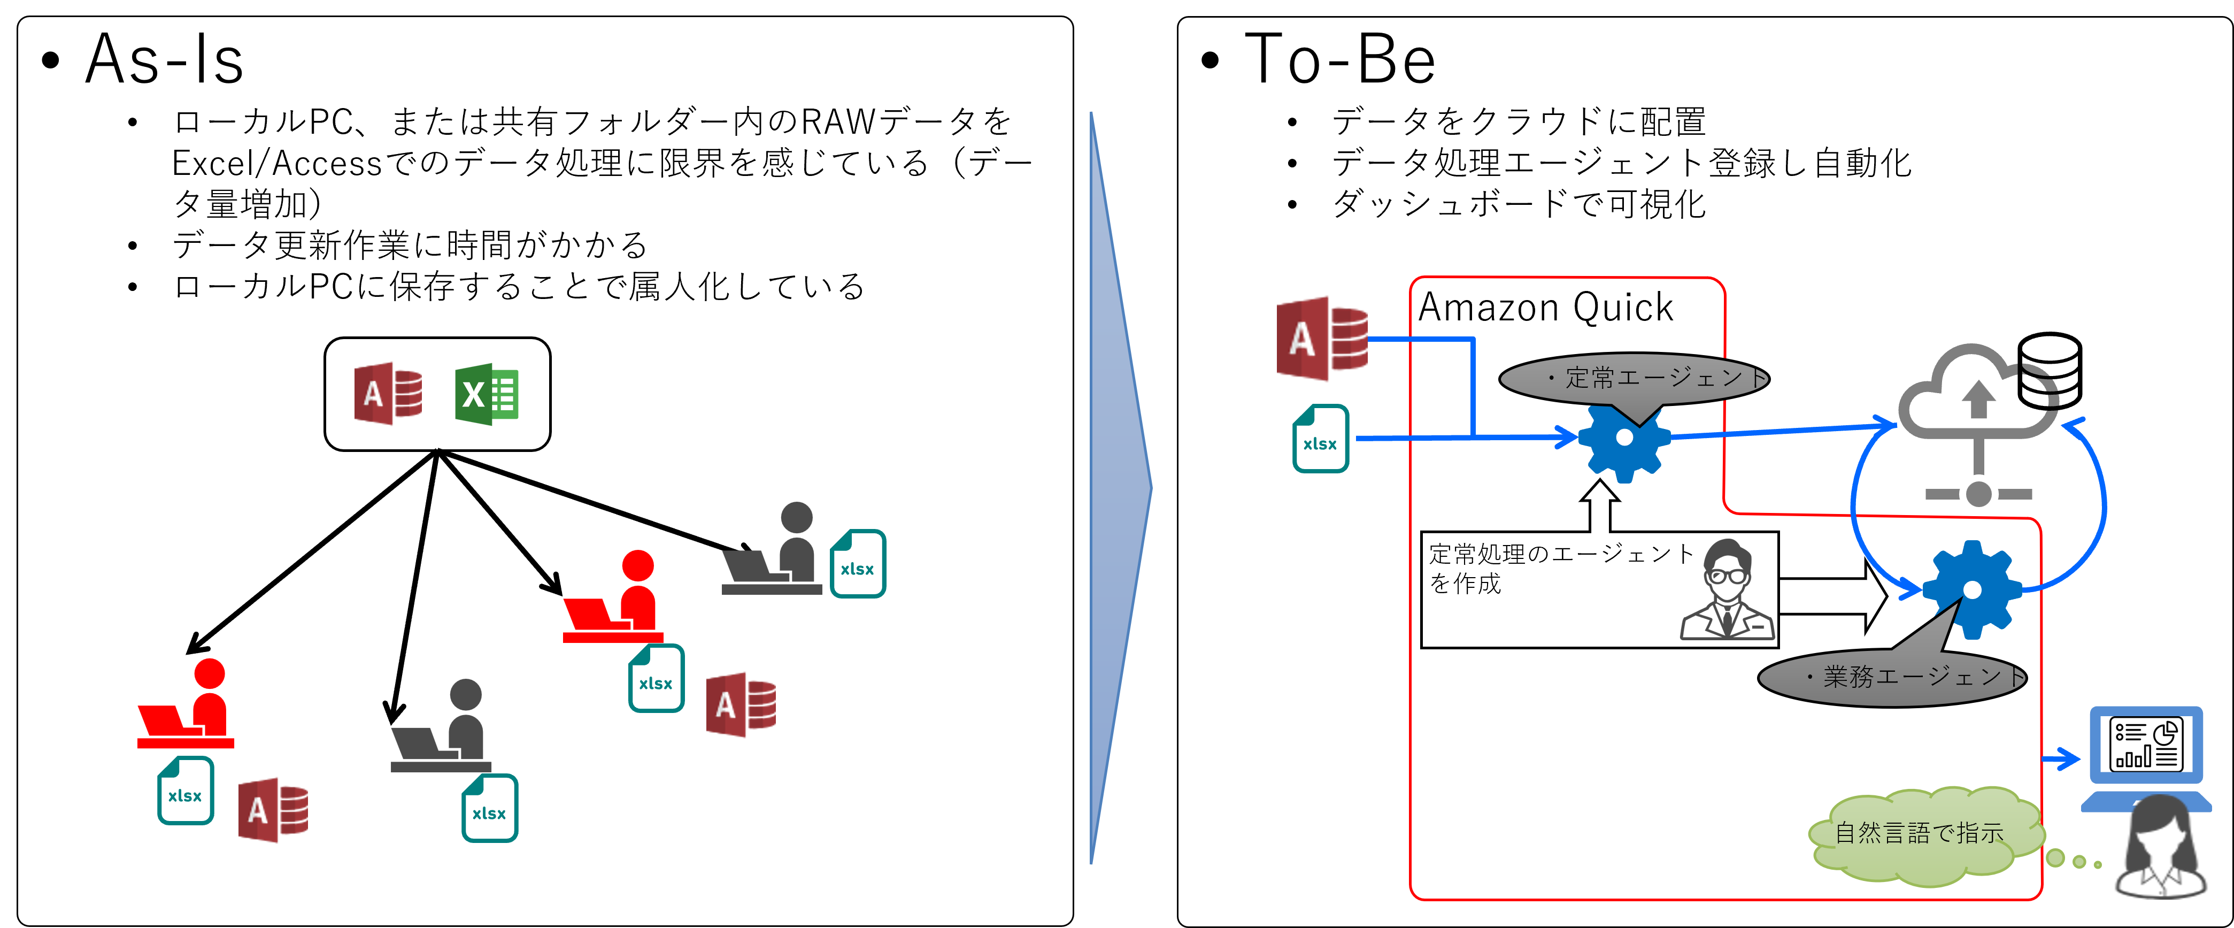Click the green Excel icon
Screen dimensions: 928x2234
487,395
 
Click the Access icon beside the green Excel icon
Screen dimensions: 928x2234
388,394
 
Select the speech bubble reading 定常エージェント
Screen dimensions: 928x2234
1634,378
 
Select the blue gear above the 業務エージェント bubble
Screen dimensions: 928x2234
1972,590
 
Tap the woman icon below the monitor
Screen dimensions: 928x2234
2160,850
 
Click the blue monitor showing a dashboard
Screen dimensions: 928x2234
2146,746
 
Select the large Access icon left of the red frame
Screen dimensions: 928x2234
1321,338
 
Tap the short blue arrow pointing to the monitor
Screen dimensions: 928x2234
2061,760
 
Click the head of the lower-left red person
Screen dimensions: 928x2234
209,674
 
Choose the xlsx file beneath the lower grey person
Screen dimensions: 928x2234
490,808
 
